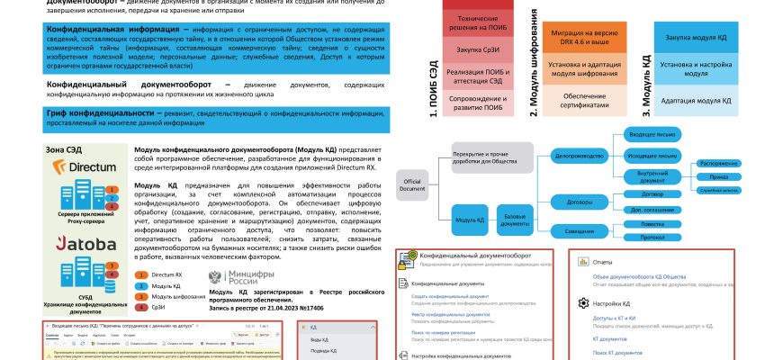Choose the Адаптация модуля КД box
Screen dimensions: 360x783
point(696,101)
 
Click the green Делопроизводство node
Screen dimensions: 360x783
point(572,155)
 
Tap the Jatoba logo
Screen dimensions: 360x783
point(85,243)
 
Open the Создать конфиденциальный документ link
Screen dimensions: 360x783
point(449,295)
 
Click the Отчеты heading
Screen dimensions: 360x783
point(602,262)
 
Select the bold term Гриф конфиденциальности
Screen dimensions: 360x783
point(99,113)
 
